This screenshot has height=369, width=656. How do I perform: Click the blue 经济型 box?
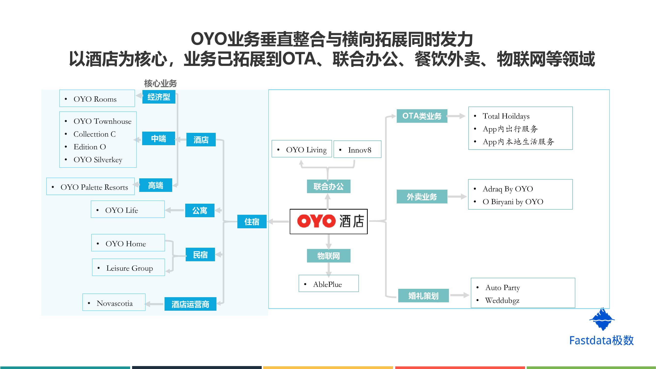click(x=159, y=97)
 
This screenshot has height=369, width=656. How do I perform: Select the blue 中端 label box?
click(x=158, y=138)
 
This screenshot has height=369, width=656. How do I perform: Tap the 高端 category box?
click(x=156, y=185)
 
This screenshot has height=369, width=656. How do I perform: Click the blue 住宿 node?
click(x=252, y=222)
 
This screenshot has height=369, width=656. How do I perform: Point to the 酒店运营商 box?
click(x=190, y=304)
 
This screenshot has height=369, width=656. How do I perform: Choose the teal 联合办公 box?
click(x=329, y=186)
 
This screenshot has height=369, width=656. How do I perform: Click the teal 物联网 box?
click(x=329, y=256)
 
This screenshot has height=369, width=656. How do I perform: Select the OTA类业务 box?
click(x=422, y=116)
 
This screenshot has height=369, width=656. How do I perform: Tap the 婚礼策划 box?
click(x=423, y=296)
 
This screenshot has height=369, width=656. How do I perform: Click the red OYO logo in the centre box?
click(x=316, y=221)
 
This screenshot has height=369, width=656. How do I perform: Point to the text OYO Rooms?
click(x=95, y=99)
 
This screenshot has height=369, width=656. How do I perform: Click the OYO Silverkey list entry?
click(x=98, y=160)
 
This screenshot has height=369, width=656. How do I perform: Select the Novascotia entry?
click(x=115, y=303)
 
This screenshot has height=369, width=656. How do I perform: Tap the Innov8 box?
click(x=357, y=150)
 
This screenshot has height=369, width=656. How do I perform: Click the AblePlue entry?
click(x=327, y=284)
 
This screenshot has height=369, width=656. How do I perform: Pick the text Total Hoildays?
click(x=506, y=116)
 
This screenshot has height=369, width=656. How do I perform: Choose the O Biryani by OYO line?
click(x=513, y=202)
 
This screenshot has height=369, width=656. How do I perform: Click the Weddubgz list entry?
click(x=502, y=301)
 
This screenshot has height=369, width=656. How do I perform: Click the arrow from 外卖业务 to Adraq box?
click(x=457, y=197)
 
